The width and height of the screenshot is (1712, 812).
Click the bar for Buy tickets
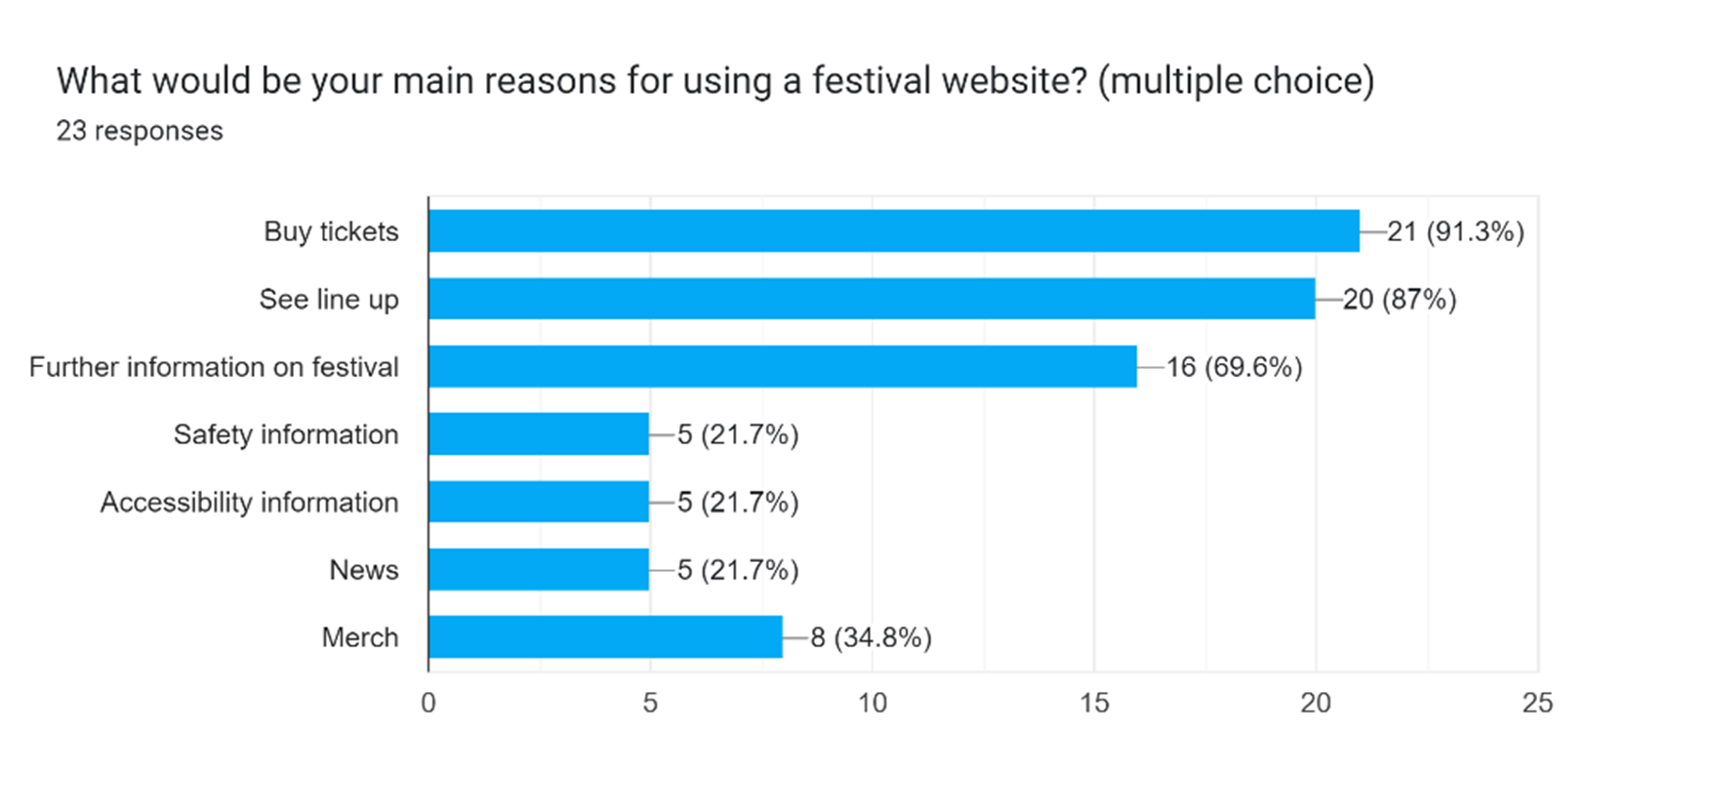coord(893,231)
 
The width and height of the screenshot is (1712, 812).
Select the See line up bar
coord(872,299)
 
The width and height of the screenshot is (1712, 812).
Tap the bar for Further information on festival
coord(782,366)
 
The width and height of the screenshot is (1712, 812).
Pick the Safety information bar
coord(539,434)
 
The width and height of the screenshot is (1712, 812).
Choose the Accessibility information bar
coord(539,502)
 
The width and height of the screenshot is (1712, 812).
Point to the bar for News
coord(539,569)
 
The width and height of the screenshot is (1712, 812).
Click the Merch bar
coord(605,636)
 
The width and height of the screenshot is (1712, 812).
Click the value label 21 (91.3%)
coord(1455,231)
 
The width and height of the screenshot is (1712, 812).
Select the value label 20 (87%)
coord(1400,299)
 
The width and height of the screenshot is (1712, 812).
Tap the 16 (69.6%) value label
coord(1235,367)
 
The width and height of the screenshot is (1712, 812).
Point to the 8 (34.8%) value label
coord(871,637)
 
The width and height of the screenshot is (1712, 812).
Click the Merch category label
coord(360,637)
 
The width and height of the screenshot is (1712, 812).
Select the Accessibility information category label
coord(250,502)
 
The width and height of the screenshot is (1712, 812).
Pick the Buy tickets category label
coord(331,231)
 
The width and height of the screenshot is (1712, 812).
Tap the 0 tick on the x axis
coord(428,703)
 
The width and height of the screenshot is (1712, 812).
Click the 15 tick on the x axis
coord(1094,703)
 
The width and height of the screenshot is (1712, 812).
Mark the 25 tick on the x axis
coord(1537,703)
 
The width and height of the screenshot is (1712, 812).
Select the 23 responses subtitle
coord(140,131)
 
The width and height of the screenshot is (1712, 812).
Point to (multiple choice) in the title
coord(1236,80)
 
